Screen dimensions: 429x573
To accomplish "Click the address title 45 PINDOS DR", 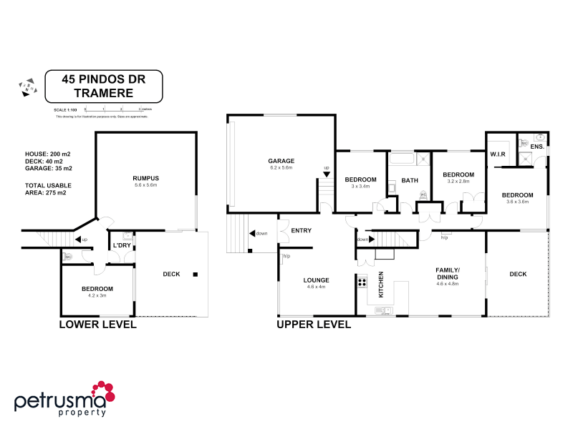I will tap(104, 79).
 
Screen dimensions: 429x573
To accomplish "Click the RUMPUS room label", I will tap(145, 177).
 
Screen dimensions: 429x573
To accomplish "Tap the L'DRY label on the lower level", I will tap(120, 246).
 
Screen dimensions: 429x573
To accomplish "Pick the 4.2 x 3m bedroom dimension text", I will tap(97, 295).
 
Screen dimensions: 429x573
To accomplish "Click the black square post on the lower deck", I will tap(196, 273).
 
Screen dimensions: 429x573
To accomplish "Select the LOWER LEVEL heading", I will tap(98, 325).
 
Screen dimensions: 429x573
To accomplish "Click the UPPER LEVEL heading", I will tap(314, 325).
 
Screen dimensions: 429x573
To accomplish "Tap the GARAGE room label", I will tap(281, 161).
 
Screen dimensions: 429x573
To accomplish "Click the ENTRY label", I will tap(301, 230).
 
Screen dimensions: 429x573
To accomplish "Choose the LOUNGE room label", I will tap(316, 280).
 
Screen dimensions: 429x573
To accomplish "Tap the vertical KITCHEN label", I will tap(381, 284).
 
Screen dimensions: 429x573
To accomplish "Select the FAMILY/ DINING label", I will tap(447, 273).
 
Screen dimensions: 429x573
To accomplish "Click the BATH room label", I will tap(409, 180).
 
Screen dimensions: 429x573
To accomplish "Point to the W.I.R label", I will tap(499, 154).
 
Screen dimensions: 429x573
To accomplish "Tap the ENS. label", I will tap(536, 146).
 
